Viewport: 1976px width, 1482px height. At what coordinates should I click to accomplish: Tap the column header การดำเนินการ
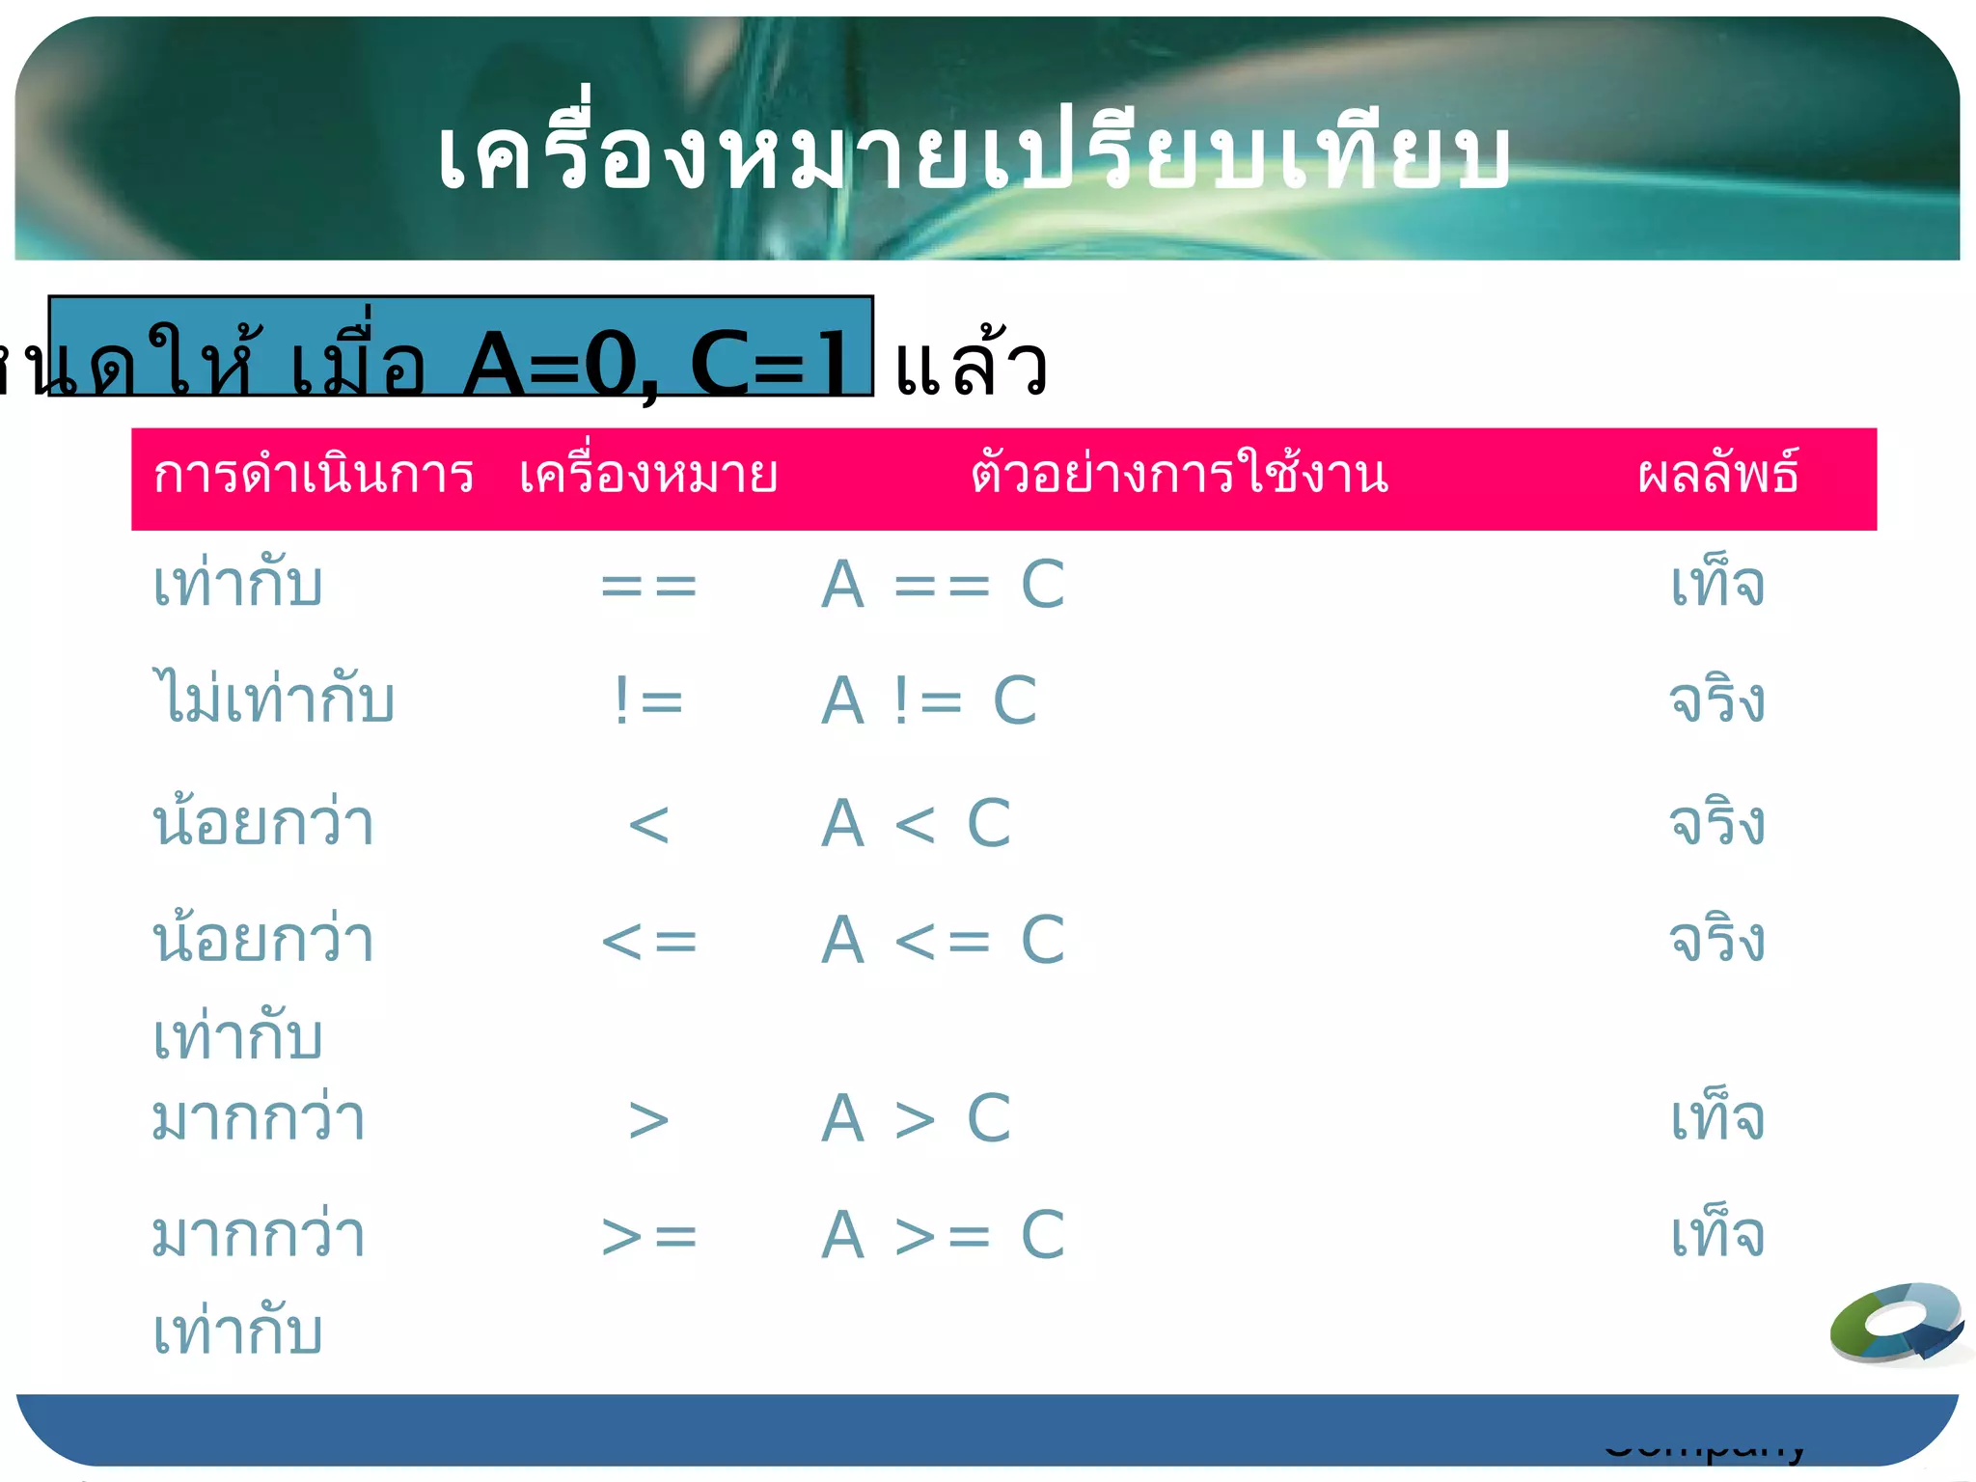point(314,476)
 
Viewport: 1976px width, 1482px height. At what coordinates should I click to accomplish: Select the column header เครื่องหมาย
point(648,476)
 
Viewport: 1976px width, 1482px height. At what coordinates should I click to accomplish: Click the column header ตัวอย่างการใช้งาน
point(1179,474)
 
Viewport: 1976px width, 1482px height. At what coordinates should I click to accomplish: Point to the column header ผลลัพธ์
point(1717,474)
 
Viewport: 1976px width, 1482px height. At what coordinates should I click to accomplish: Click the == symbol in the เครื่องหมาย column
point(648,586)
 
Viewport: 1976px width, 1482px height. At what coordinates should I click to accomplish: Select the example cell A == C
point(943,586)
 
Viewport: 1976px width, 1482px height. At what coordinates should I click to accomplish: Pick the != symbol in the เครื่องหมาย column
point(648,700)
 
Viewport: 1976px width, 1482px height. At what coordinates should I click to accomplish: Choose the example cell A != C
point(929,700)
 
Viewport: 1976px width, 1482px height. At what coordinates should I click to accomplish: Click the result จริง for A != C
point(1717,700)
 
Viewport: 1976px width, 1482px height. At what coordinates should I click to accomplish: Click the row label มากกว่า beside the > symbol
point(259,1119)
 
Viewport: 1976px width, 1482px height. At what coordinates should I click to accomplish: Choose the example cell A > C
point(916,1119)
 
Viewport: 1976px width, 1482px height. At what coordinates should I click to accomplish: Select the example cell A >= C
point(943,1235)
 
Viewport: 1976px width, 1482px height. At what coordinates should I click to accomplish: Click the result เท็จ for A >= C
point(1717,1235)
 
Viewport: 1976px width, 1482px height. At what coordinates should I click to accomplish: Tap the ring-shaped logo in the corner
point(1898,1324)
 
